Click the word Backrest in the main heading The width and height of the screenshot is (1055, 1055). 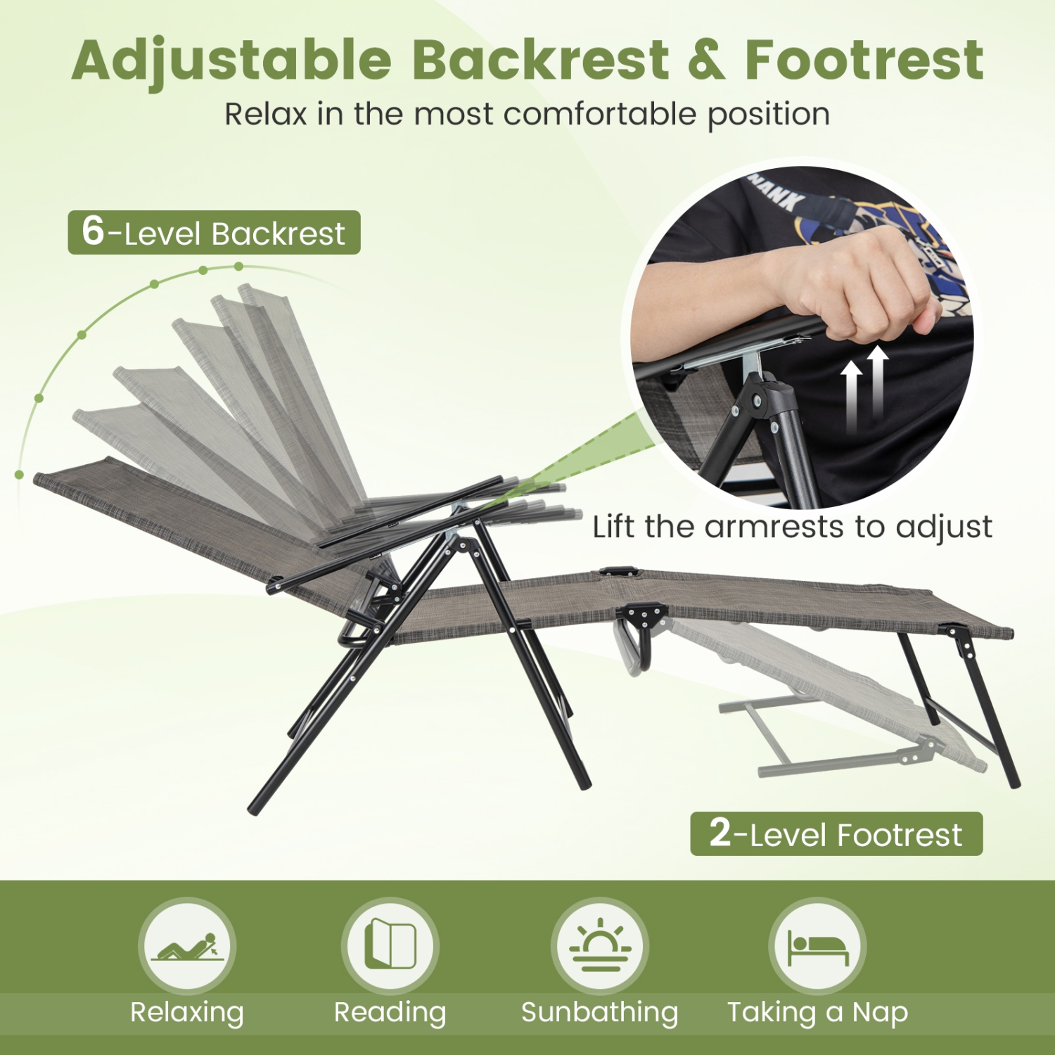coord(540,60)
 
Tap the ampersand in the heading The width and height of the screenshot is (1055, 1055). coord(706,60)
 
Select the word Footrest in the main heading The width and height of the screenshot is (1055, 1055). coord(864,60)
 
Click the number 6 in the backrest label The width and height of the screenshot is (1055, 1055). coord(93,231)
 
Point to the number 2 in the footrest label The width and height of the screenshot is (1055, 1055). coord(720,833)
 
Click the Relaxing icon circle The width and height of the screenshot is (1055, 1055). coord(187,946)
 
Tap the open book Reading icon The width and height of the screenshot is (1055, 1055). coord(390,945)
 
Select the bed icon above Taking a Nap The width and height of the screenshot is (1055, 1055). coord(817,946)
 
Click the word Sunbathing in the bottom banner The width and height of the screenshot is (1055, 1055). coord(600,1012)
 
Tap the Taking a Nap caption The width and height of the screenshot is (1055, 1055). coord(817,1012)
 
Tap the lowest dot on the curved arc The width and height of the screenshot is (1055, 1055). coord(19,475)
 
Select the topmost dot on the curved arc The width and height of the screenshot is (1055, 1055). coord(239,267)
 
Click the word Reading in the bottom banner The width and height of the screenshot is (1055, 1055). coord(390,1012)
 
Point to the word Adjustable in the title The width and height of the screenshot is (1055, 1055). coord(232,60)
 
